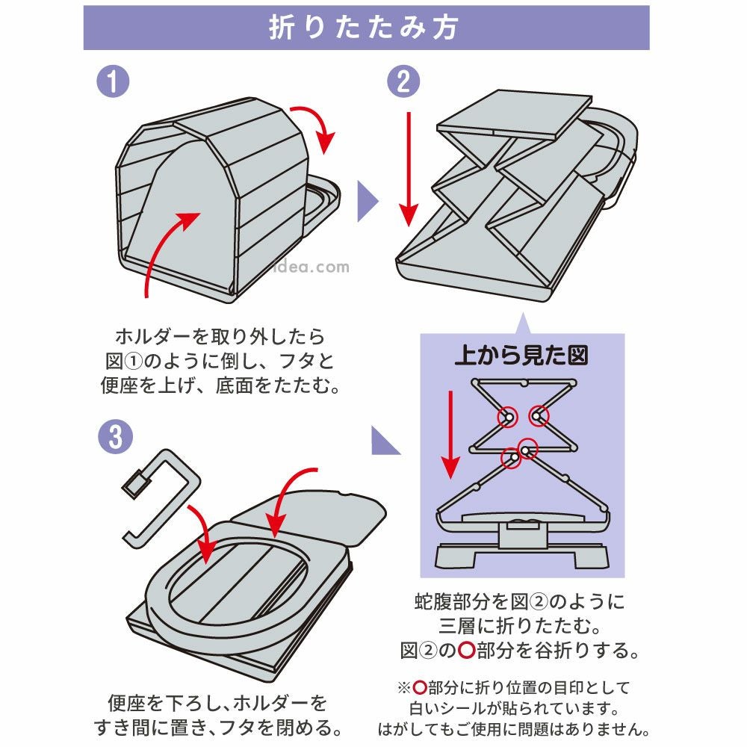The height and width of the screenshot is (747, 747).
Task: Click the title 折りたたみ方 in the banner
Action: coord(365,28)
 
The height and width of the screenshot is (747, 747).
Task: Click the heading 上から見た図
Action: coord(521,355)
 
